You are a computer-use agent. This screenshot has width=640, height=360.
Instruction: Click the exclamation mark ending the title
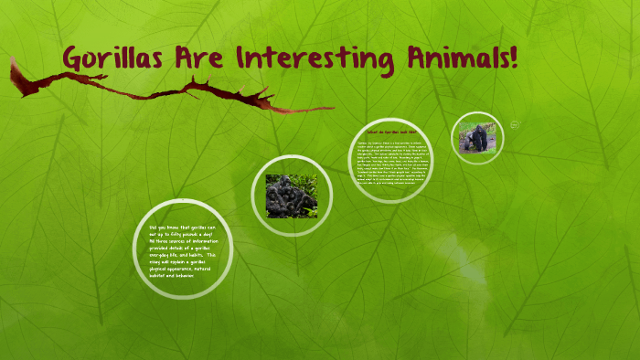click(514, 58)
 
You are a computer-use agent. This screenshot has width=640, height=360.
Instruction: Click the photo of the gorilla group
click(292, 196)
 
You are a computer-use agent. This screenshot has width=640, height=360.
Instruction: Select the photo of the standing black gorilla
click(477, 138)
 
